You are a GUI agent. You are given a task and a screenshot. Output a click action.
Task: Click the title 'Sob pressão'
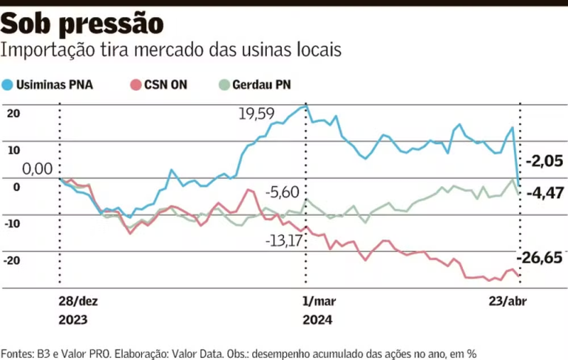coord(82,24)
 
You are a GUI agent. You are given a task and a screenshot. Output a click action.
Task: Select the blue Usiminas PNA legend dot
coord(8,84)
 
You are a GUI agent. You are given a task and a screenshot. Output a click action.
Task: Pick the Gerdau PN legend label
coord(261,84)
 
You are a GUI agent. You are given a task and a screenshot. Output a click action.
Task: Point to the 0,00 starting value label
coord(37,169)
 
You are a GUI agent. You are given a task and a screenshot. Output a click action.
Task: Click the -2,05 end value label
coord(544,160)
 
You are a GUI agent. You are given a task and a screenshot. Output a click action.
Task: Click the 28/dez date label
coord(78,302)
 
